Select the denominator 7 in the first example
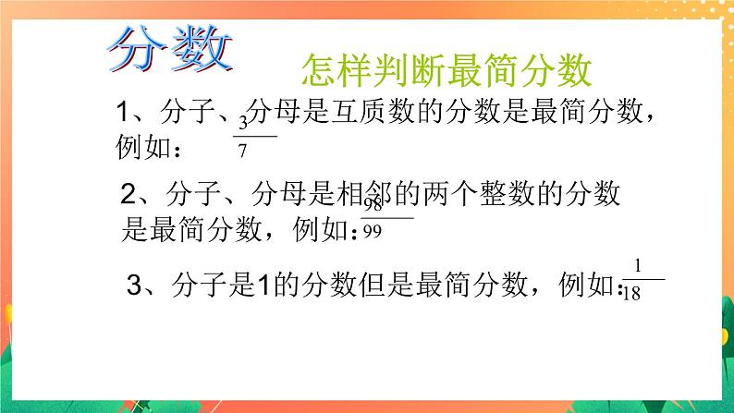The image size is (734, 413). click(x=242, y=147)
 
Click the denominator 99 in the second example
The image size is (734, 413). click(x=373, y=230)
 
